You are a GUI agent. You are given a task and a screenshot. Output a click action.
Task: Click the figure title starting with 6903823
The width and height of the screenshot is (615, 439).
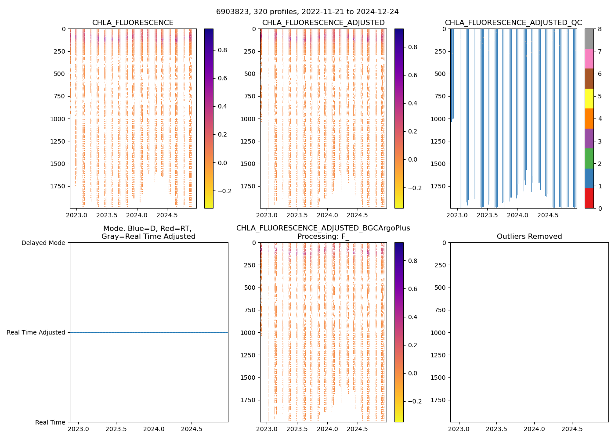coord(307,12)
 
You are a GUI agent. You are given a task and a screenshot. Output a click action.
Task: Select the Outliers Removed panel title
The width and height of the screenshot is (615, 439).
coord(529,237)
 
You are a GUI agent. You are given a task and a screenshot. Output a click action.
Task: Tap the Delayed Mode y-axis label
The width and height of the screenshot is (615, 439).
coord(43,243)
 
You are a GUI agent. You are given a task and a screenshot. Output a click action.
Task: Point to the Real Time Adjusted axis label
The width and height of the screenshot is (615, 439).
coord(36,332)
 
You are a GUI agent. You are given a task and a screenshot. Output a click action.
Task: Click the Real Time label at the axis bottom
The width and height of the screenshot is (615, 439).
coord(50,422)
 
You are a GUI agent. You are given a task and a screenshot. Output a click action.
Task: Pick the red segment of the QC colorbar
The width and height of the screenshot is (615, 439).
coord(589,198)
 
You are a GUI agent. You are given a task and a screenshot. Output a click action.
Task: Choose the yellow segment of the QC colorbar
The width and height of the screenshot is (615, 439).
coord(589,98)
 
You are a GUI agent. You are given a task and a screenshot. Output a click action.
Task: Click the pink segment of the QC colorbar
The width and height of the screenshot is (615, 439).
coord(589,58)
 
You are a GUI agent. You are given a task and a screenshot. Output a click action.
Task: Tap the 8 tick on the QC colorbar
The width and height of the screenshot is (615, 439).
coord(599,29)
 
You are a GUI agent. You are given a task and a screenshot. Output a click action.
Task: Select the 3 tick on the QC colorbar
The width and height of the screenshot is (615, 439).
coord(599,141)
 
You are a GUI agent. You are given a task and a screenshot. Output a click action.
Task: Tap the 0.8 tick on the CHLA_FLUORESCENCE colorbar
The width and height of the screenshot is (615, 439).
coord(222,50)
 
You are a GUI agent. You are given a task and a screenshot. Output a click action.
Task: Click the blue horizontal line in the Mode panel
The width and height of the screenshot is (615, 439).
coord(149,332)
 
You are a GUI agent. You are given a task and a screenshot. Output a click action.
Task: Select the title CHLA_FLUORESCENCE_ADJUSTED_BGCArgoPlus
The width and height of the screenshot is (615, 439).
coord(323,228)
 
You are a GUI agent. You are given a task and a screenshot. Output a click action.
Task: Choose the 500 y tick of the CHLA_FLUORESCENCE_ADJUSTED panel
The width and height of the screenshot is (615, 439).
coord(251,74)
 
